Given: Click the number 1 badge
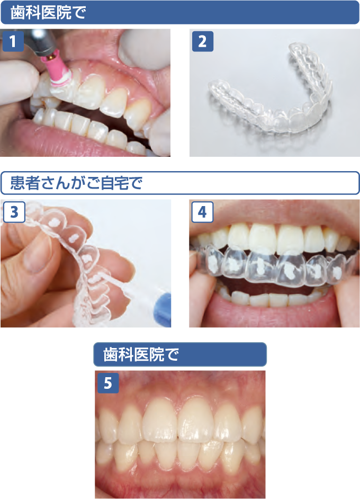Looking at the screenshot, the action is click(x=13, y=41).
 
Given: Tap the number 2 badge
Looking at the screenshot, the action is click(x=203, y=41).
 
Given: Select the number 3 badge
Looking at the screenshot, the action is click(x=14, y=212).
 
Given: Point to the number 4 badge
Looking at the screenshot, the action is click(x=202, y=212).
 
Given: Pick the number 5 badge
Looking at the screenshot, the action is click(x=108, y=383).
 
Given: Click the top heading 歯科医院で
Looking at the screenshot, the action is click(x=48, y=13).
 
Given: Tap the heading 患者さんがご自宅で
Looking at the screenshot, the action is click(x=76, y=183).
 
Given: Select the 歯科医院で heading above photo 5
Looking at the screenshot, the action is click(x=141, y=354).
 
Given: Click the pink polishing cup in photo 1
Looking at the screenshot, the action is click(x=57, y=73).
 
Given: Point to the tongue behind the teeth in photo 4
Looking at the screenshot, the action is click(x=271, y=288).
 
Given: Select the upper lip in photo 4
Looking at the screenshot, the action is click(x=274, y=213).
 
